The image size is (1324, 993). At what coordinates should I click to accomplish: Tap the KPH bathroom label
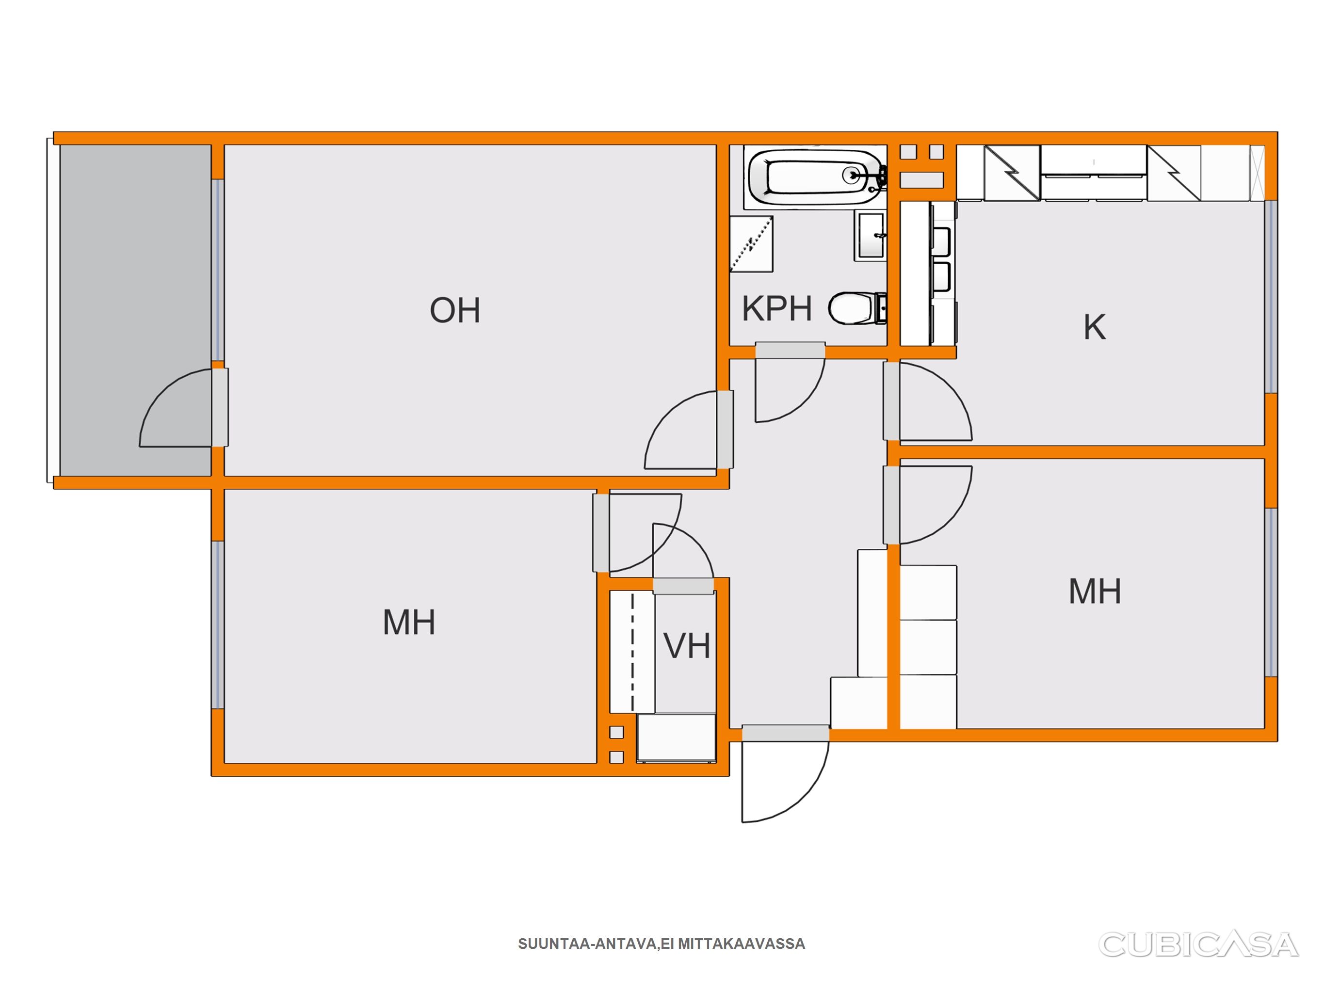pos(777,308)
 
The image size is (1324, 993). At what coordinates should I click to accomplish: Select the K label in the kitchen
pos(1095,327)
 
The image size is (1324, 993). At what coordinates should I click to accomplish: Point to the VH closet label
pos(687,646)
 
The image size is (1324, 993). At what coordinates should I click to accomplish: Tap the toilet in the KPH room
pos(857,308)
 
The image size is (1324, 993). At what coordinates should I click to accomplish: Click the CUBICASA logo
pos(1198,945)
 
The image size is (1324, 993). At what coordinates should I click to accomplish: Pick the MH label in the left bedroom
pos(409,623)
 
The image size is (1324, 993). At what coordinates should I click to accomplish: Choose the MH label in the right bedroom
pos(1095,592)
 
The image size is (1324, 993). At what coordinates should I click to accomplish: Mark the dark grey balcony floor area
pos(135,310)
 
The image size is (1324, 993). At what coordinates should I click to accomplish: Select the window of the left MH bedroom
pos(218,625)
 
